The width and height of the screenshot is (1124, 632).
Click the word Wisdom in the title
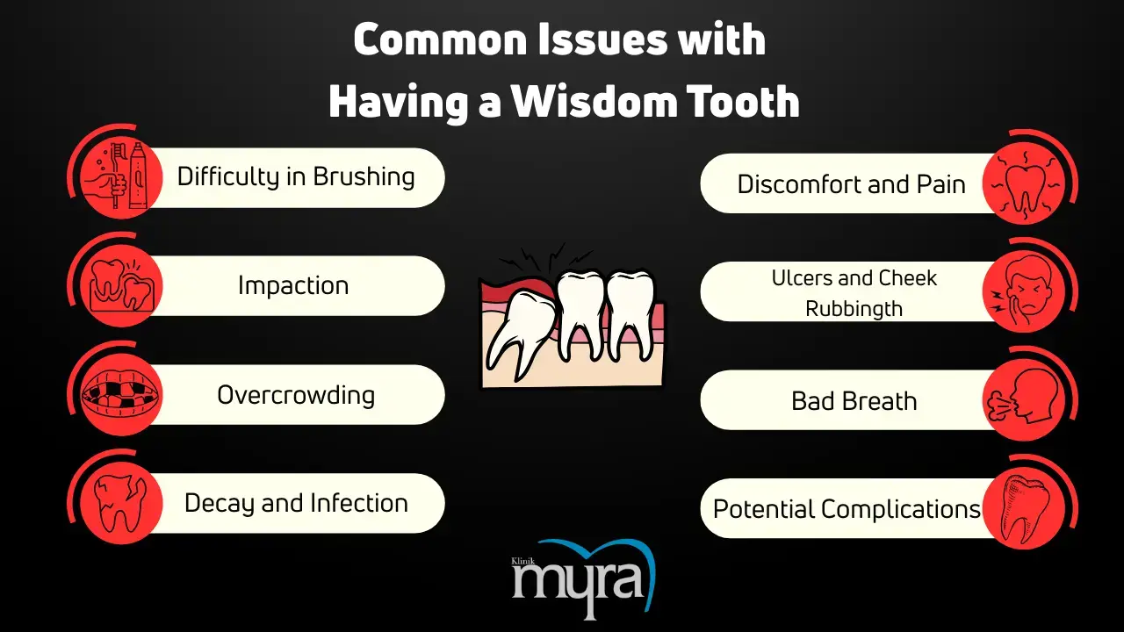pyautogui.click(x=594, y=101)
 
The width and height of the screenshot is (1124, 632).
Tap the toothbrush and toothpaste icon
pyautogui.click(x=120, y=176)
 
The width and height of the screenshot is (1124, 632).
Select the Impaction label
pyautogui.click(x=293, y=285)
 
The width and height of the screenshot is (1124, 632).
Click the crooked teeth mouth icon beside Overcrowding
pyautogui.click(x=121, y=395)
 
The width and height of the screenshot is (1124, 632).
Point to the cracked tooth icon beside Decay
pyautogui.click(x=120, y=503)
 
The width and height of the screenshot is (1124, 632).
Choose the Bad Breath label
pyautogui.click(x=854, y=401)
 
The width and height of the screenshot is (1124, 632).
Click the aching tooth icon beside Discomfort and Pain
pyautogui.click(x=1025, y=185)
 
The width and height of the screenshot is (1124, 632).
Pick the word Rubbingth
pyautogui.click(x=854, y=309)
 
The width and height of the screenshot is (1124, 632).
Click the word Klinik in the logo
pyautogui.click(x=522, y=561)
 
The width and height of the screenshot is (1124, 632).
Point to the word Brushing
pyautogui.click(x=364, y=177)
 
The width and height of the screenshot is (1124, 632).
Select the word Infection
pyautogui.click(x=359, y=503)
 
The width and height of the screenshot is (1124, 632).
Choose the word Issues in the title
pyautogui.click(x=602, y=39)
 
